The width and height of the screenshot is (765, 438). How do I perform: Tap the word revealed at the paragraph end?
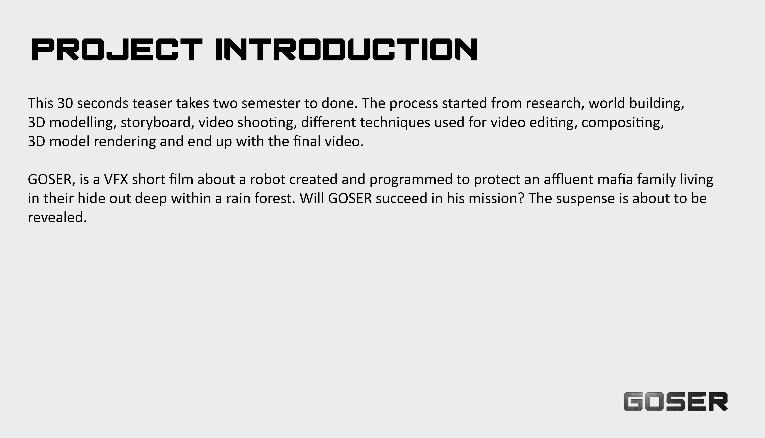coord(57,217)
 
